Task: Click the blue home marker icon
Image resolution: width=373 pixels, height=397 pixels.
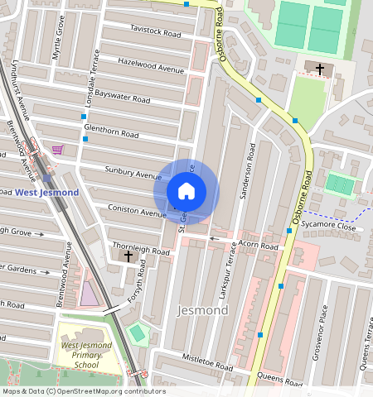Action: click(186, 191)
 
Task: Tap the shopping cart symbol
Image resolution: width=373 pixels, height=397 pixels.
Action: click(57, 150)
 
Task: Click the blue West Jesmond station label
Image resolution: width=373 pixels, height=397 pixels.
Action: click(47, 193)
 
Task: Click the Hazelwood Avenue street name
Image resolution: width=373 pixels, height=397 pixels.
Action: click(150, 65)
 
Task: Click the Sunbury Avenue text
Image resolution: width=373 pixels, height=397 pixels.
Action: click(133, 174)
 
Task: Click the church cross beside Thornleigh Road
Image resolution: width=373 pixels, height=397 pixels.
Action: click(128, 256)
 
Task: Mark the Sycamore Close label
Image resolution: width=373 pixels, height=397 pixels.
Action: click(327, 226)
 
